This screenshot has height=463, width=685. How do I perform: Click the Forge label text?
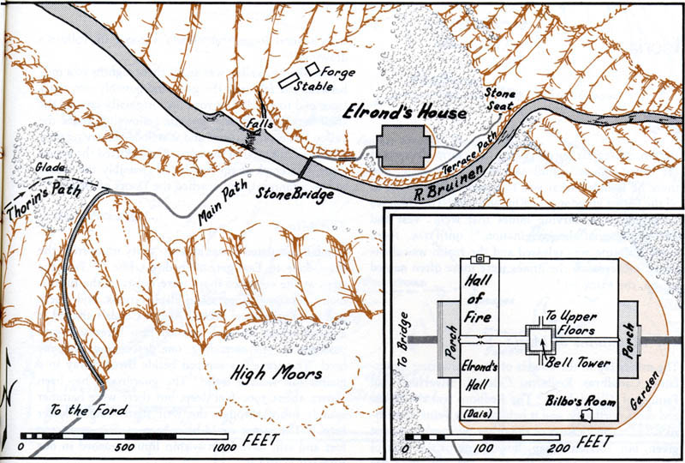pos(340,72)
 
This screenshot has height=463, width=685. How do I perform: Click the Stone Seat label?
pos(501,99)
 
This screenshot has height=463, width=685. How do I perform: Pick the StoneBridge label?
pos(295,195)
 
